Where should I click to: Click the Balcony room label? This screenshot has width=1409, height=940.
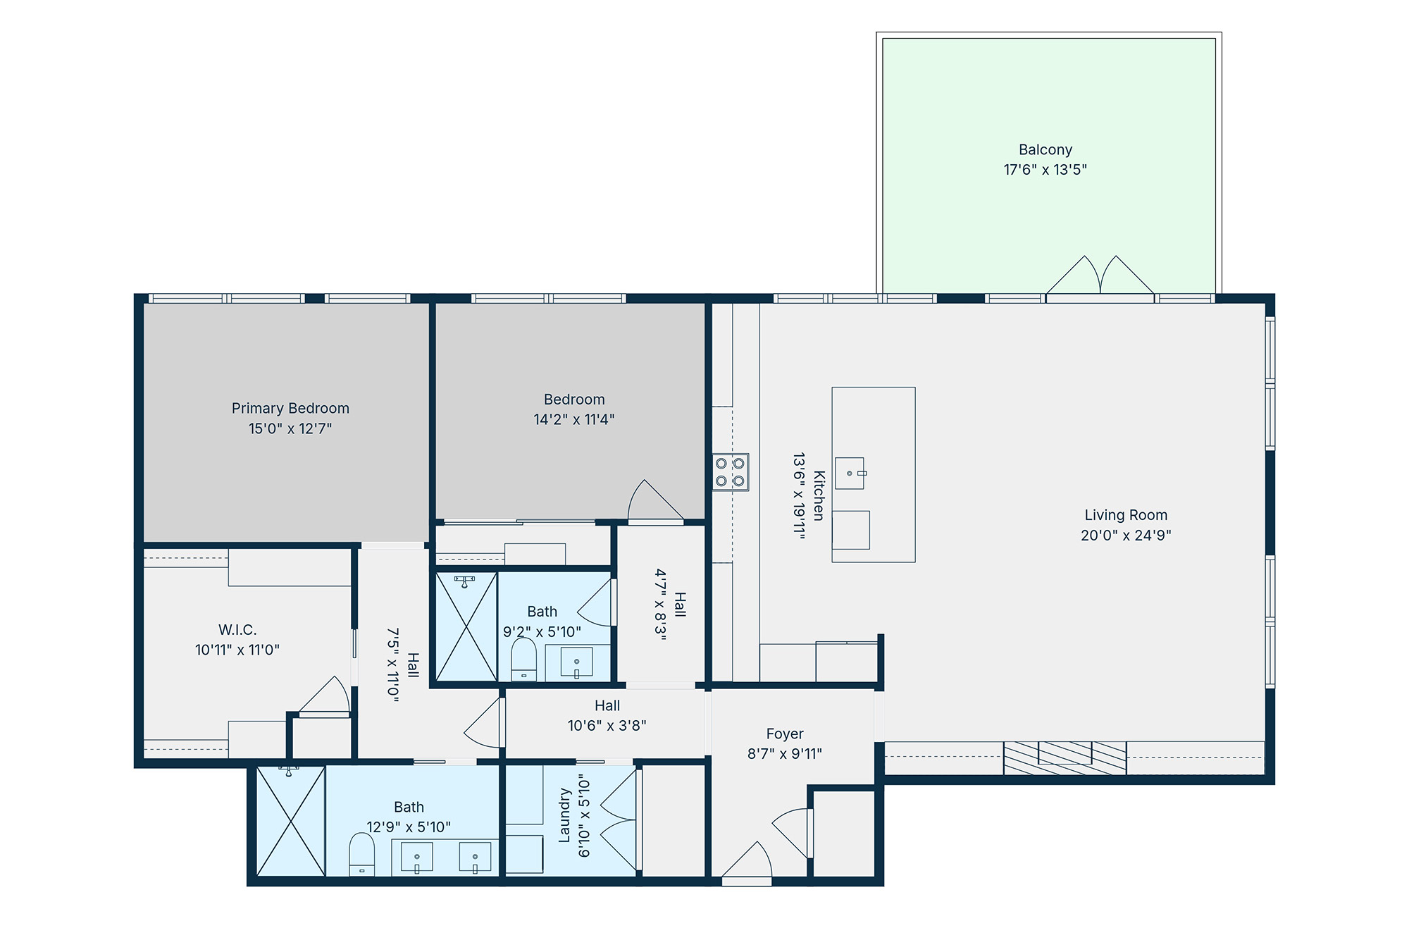tap(1045, 150)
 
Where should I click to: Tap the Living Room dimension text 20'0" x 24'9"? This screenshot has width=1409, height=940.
tap(1126, 536)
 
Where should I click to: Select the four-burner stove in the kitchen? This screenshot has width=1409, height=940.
tap(731, 472)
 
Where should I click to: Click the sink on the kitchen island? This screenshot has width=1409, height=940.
tap(850, 474)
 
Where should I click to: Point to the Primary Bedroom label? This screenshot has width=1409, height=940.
tap(290, 409)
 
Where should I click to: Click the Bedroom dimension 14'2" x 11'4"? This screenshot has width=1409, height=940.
tap(574, 420)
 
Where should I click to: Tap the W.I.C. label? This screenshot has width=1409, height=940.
tap(237, 630)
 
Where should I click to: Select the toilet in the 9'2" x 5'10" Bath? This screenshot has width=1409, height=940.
tap(523, 660)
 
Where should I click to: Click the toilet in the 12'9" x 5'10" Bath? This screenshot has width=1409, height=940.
tap(362, 855)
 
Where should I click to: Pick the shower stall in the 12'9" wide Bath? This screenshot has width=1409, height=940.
tap(291, 821)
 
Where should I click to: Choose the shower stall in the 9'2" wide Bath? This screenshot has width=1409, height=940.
tap(466, 627)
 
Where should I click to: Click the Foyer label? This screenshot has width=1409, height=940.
tap(785, 734)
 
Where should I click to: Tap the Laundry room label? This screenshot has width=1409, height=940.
tap(564, 816)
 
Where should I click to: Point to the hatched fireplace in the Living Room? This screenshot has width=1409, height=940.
tap(1065, 758)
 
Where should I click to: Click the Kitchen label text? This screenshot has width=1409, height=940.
tap(819, 496)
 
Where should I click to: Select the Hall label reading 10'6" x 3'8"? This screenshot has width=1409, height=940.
tap(607, 726)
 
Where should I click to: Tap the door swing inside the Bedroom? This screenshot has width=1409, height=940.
tap(655, 502)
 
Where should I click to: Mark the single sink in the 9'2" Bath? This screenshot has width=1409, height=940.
tap(576, 662)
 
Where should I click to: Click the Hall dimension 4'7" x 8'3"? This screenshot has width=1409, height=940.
tap(660, 605)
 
